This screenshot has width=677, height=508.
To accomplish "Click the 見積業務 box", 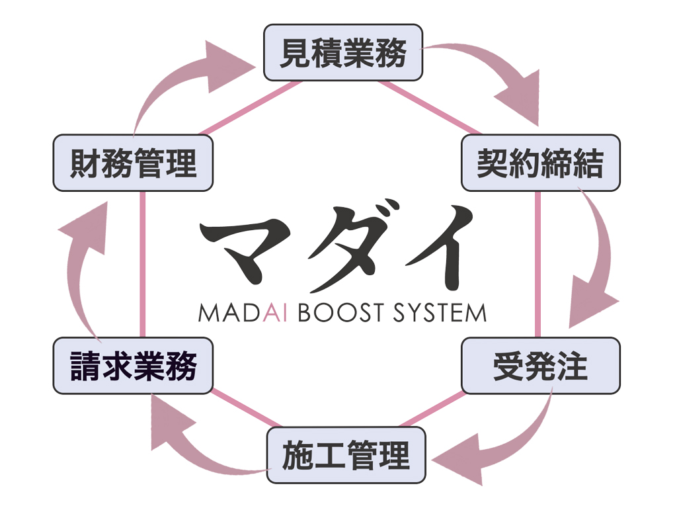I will [x=343, y=53].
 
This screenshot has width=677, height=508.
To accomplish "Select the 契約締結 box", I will [x=540, y=163].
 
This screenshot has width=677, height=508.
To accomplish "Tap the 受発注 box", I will [x=540, y=366].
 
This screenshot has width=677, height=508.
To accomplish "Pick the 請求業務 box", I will [x=133, y=366].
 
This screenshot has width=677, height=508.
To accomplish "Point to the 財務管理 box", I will [x=133, y=163].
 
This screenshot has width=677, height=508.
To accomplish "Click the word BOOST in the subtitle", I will [x=337, y=312].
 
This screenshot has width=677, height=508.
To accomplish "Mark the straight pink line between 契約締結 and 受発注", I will [x=538, y=265].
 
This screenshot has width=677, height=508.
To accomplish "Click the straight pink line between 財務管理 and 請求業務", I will [x=142, y=265].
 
